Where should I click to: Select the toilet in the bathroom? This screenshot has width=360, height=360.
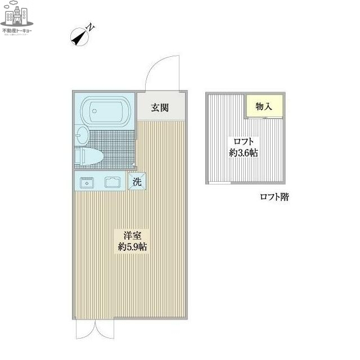coord(90,156)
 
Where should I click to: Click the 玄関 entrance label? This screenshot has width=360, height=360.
coord(160,107)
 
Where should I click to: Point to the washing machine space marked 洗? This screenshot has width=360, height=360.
coord(137,181)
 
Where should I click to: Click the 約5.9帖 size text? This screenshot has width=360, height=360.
coord(133,246)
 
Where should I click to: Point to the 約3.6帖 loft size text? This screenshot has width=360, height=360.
coord(244,153)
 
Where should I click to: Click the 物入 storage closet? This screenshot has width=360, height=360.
coord(263,106)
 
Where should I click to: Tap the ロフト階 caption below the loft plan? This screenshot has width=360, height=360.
coord(274,197)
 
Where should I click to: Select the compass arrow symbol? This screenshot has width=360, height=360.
coord(78,38)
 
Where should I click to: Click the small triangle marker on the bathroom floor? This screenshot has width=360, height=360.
coord(133,165)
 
